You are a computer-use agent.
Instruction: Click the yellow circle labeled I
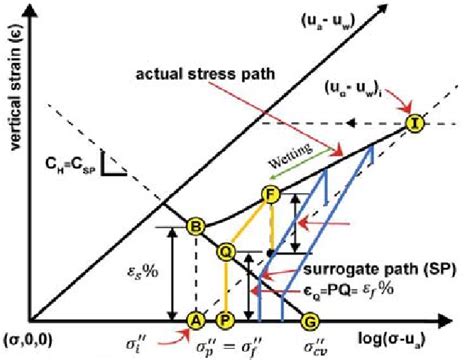pyautogui.click(x=414, y=124)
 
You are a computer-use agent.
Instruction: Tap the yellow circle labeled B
pyautogui.click(x=197, y=227)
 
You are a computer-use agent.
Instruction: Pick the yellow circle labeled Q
pyautogui.click(x=227, y=252)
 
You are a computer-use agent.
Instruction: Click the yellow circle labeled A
pyautogui.click(x=196, y=320)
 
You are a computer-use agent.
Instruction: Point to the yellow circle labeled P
pyautogui.click(x=227, y=320)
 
